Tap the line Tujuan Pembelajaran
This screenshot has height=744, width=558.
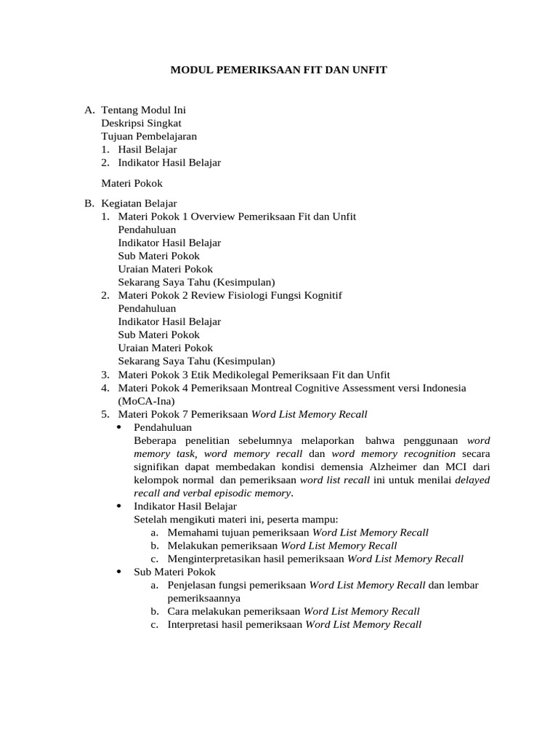tap(149, 137)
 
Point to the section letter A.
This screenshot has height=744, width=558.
tap(89, 110)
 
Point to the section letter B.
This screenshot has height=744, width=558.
tap(89, 203)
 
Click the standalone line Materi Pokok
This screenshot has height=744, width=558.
tap(132, 183)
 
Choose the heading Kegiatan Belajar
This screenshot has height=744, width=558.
tap(139, 203)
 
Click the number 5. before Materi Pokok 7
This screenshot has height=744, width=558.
tap(105, 414)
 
